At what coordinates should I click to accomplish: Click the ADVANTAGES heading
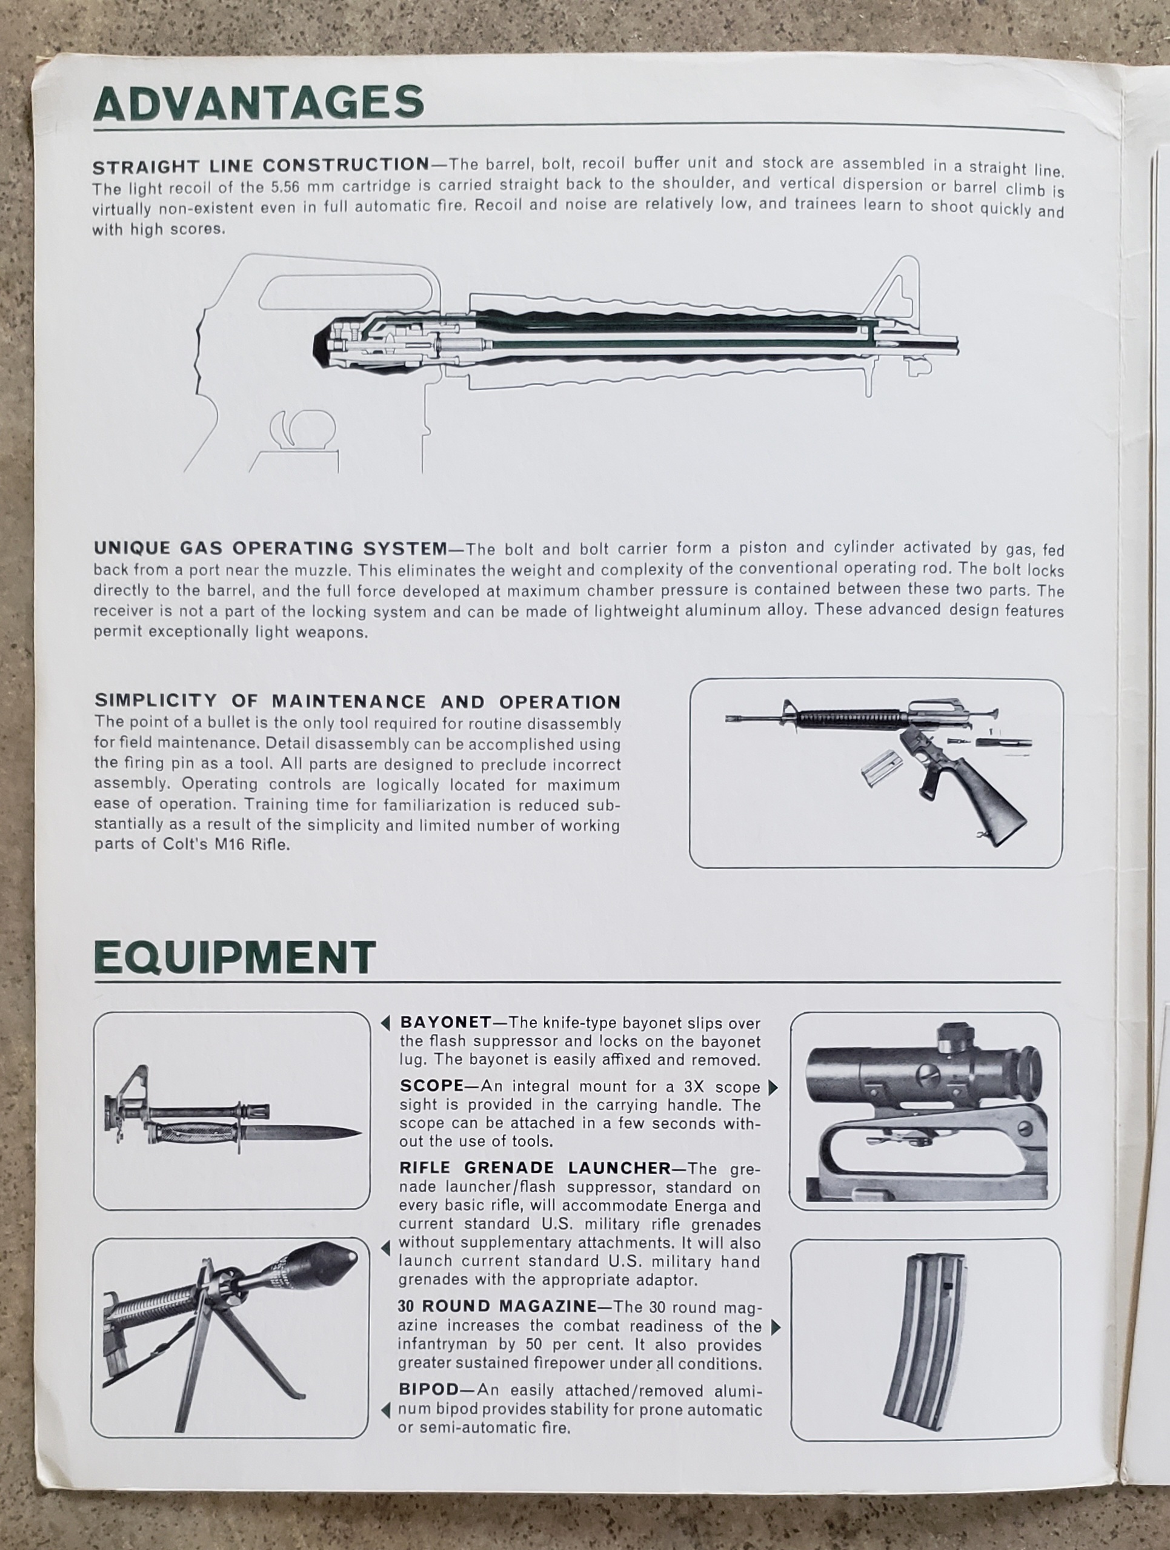tap(259, 104)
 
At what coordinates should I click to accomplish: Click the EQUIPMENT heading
tap(235, 959)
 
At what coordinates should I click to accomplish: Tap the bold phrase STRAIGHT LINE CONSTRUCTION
tap(261, 166)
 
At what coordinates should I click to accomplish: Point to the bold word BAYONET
tap(445, 1022)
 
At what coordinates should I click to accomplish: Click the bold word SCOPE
tap(432, 1086)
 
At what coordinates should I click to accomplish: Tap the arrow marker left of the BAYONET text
tap(385, 1024)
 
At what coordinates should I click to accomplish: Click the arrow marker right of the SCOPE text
tap(773, 1087)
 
